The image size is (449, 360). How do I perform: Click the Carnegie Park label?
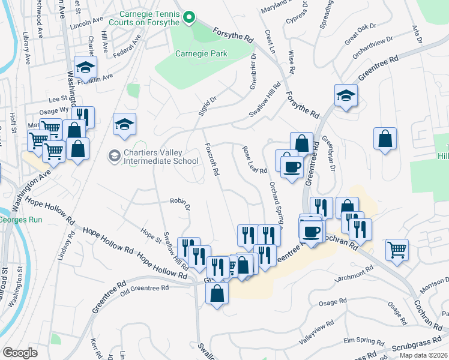201,53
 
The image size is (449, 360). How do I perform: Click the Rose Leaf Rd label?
255,161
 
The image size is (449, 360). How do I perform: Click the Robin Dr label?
179,204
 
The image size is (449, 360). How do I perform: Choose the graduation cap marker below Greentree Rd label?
346,95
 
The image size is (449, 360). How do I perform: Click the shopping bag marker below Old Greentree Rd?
217,293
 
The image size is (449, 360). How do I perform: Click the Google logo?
20,352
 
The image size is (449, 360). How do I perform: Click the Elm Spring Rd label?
360,340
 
